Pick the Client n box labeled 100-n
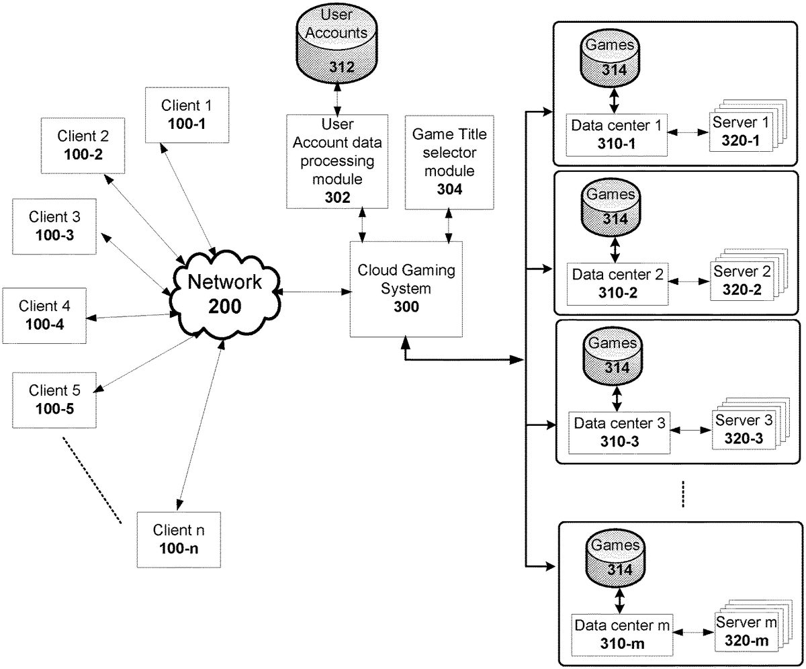[x=178, y=539]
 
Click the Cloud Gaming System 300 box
[x=406, y=289]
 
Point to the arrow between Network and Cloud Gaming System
[x=313, y=292]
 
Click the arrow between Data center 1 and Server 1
[x=690, y=133]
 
